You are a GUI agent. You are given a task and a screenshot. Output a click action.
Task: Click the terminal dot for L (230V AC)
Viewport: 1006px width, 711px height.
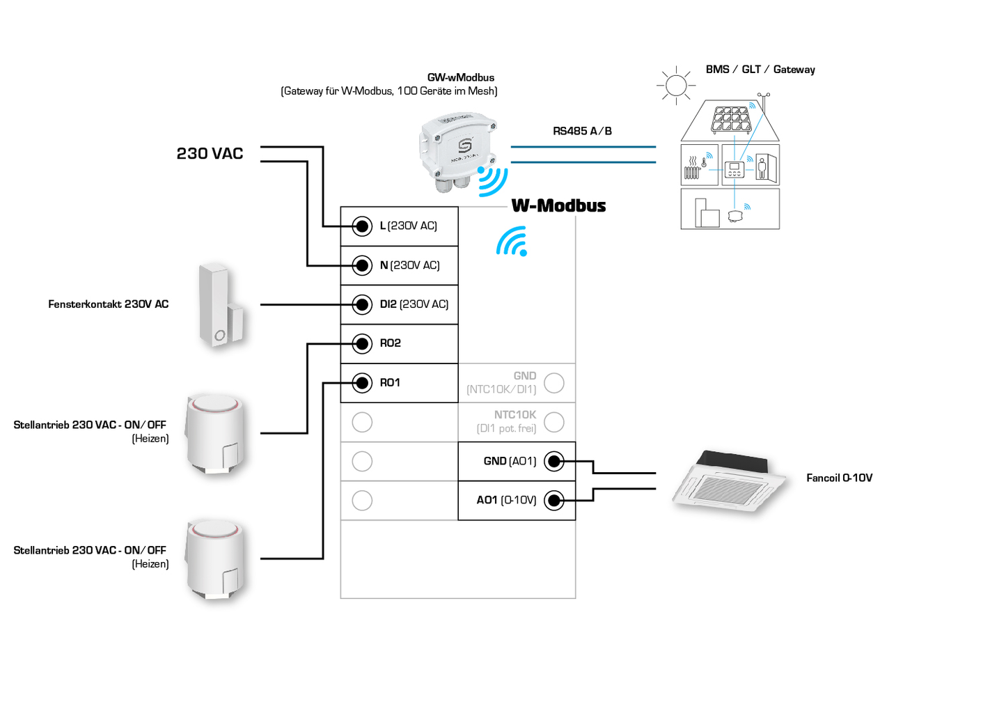click(x=362, y=226)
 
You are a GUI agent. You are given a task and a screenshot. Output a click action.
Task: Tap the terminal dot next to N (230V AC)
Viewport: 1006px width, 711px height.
click(x=362, y=265)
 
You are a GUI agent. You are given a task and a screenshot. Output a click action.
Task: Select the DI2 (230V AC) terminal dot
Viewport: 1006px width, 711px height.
click(x=362, y=304)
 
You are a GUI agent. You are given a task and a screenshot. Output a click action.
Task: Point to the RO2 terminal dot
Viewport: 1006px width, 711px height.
click(x=362, y=343)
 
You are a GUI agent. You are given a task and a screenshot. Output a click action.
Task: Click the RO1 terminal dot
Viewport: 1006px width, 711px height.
click(x=362, y=383)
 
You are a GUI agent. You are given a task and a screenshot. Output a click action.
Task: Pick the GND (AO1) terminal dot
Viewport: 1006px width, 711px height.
click(x=554, y=461)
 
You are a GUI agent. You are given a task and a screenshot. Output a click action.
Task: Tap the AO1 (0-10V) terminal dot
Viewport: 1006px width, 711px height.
click(x=554, y=500)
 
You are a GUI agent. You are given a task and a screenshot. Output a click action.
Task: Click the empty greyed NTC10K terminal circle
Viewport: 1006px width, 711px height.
click(x=554, y=422)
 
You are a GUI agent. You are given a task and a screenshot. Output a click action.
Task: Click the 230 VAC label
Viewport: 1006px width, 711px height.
click(x=210, y=154)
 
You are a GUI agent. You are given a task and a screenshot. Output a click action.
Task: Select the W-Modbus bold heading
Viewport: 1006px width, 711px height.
click(x=558, y=206)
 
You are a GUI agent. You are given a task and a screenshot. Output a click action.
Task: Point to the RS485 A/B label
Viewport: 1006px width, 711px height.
click(x=582, y=131)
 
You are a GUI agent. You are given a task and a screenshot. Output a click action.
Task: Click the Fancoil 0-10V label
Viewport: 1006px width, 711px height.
click(x=839, y=478)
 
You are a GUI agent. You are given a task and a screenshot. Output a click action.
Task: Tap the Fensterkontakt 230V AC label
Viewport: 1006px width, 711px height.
click(x=109, y=304)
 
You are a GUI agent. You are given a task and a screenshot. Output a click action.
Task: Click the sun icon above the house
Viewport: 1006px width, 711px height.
click(x=676, y=86)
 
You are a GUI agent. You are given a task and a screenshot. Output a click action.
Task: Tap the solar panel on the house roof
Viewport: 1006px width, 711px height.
click(x=731, y=119)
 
